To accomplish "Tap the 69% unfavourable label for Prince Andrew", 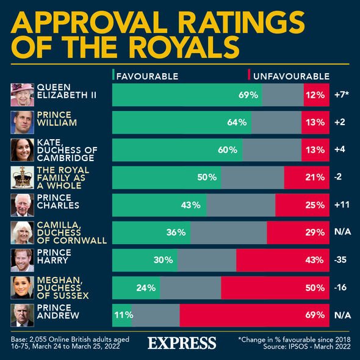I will point(314,315).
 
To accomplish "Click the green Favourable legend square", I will point(113,76).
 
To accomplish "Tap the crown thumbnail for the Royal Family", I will point(23,178).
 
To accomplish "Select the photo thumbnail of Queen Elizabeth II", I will point(23,95).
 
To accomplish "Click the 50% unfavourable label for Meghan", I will point(314,287).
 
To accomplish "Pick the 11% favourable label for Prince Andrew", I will point(121,315).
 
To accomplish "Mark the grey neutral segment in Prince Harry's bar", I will point(206,260).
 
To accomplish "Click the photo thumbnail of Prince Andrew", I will point(23,315).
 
